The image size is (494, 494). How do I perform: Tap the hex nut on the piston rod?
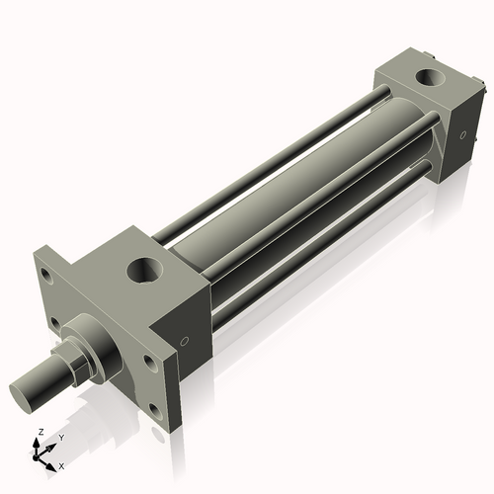tap(76, 357)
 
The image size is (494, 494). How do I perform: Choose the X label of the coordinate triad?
tap(61, 464)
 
